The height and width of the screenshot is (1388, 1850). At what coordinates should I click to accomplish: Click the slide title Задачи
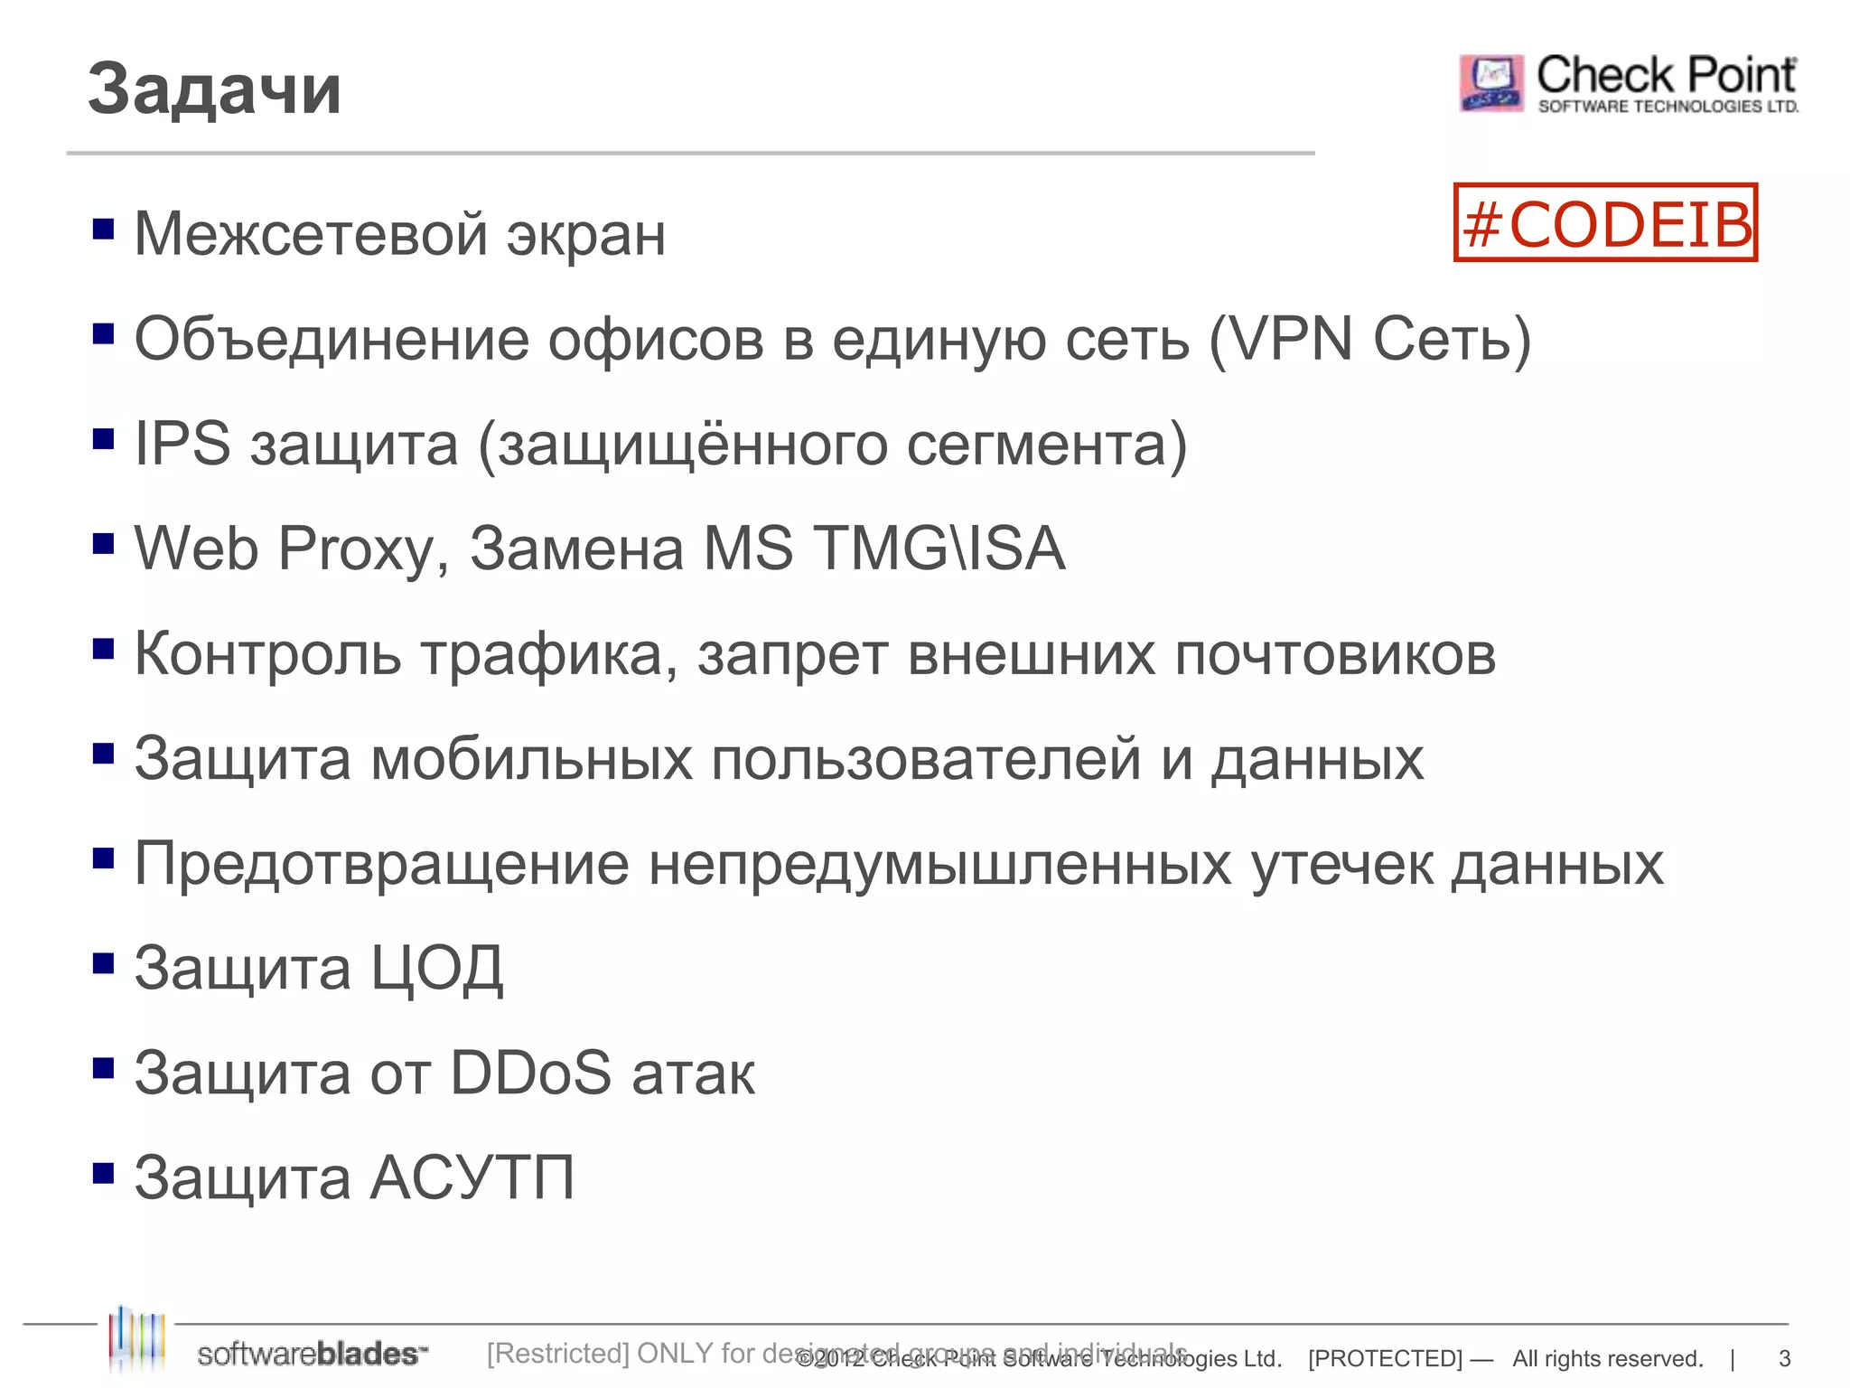point(214,89)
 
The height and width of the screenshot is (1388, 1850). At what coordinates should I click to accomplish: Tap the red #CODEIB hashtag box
point(1605,223)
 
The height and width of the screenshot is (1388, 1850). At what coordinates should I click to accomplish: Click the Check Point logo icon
point(1491,83)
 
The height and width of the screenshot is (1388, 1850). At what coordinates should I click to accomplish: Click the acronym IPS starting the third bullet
point(182,445)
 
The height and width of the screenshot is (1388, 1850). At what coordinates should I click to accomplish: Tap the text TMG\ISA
point(939,549)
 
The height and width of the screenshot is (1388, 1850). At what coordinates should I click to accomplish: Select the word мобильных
point(531,759)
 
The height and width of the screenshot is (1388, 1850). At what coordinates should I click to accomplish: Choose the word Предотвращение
point(381,865)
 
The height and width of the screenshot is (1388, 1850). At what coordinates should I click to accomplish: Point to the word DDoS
point(531,1074)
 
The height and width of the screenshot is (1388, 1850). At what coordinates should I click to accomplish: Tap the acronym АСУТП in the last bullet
point(472,1178)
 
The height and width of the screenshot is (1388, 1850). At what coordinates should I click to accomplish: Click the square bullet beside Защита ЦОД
point(104,963)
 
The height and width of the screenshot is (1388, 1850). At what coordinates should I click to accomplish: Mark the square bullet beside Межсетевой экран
point(104,229)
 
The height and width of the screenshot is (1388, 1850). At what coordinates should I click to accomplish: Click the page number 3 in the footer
point(1784,1358)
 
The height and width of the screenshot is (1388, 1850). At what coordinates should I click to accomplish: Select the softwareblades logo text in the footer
point(312,1354)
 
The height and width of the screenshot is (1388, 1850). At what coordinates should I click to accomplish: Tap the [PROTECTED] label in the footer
point(1385,1358)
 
